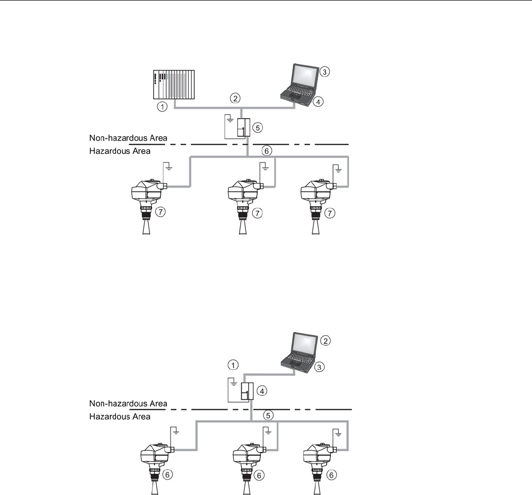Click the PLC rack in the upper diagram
click(x=174, y=85)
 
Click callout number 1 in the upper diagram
click(x=162, y=107)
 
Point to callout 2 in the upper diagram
click(x=235, y=98)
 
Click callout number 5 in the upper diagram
click(x=258, y=127)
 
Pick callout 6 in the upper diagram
click(x=267, y=151)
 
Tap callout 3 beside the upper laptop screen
click(x=325, y=72)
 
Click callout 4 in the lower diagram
click(x=262, y=391)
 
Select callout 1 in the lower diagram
click(x=233, y=365)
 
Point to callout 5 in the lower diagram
click(x=268, y=415)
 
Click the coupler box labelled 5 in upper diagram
click(x=244, y=127)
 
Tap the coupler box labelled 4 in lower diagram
click(x=247, y=391)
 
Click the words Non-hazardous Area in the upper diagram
click(x=128, y=138)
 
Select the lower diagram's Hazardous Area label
click(x=120, y=417)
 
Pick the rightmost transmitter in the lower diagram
click(x=320, y=468)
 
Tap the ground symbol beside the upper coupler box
click(x=230, y=119)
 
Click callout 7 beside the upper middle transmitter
click(x=258, y=213)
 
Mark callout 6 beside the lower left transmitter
click(x=167, y=474)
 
